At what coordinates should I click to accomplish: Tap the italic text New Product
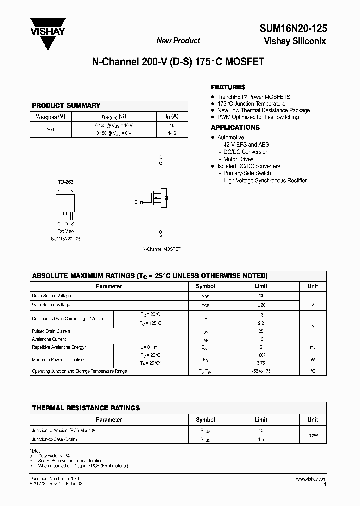coord(178,41)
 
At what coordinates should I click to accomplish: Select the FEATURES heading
coord(228,87)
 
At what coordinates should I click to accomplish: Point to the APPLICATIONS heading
coord(235,127)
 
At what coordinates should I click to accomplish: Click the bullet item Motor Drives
coord(238,159)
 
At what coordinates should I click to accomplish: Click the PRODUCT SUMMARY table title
coord(66,105)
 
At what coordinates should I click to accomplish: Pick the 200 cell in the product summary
coord(51,129)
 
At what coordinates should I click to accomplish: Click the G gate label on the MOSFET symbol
coord(135,202)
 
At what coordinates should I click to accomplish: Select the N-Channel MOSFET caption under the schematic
coord(161,249)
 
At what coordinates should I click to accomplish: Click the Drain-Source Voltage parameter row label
coord(51,296)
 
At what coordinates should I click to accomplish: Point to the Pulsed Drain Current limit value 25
coord(261,331)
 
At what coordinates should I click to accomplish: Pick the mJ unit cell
coord(312,347)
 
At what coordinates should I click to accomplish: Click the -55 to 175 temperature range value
coord(261,371)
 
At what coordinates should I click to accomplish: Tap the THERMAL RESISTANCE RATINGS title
coord(86,408)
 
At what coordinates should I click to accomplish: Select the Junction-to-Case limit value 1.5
coord(261,439)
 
